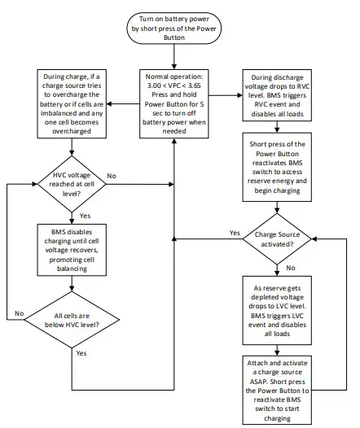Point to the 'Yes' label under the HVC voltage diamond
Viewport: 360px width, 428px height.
point(86,216)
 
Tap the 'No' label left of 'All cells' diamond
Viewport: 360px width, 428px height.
point(18,312)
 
